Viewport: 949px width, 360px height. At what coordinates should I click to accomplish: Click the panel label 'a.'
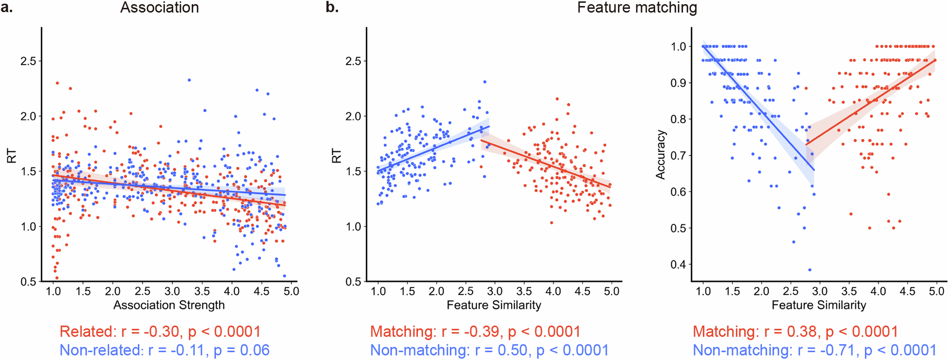[x=7, y=8]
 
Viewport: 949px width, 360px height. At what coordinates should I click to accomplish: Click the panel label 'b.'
[x=332, y=8]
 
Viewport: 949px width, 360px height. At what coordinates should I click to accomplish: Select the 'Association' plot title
[x=159, y=8]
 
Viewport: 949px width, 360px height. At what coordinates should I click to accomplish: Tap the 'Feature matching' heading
[x=637, y=8]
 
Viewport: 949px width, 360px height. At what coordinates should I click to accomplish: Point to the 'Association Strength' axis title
[x=169, y=305]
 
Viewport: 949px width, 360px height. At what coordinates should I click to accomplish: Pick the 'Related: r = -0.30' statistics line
[x=160, y=332]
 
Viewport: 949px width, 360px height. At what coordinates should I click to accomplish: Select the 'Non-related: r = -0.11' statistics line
[x=164, y=350]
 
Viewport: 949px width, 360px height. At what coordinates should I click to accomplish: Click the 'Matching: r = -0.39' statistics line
[x=475, y=332]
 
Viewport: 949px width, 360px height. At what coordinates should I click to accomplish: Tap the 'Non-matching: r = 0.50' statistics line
[x=489, y=350]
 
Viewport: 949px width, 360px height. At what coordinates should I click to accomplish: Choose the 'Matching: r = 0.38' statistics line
[x=795, y=332]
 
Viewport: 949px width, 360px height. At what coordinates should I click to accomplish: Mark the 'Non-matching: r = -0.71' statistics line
[x=814, y=350]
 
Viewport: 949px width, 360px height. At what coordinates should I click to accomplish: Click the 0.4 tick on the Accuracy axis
[x=678, y=265]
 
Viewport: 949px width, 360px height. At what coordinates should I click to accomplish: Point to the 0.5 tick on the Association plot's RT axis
[x=28, y=282]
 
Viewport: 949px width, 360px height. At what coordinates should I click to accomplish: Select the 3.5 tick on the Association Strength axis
[x=202, y=291]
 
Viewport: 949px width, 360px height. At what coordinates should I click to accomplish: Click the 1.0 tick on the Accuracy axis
[x=678, y=46]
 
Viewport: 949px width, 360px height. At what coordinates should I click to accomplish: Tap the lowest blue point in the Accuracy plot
[x=809, y=270]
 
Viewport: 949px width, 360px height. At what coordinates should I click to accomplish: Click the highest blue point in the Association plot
[x=189, y=80]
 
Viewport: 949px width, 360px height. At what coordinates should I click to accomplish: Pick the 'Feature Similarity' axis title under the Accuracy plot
[x=819, y=305]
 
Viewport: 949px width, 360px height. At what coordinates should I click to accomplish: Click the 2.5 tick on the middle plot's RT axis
[x=353, y=61]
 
